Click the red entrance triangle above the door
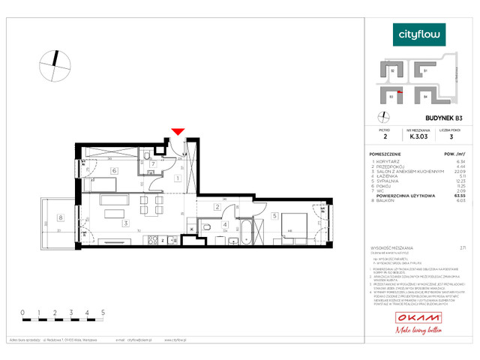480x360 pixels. (x=178, y=133)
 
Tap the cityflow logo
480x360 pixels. (x=420, y=34)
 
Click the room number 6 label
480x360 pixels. (x=113, y=171)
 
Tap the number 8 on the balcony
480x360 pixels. (x=61, y=218)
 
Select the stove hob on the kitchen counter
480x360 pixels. (x=153, y=240)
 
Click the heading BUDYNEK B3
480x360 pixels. (x=423, y=118)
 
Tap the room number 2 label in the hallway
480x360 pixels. (x=216, y=207)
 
